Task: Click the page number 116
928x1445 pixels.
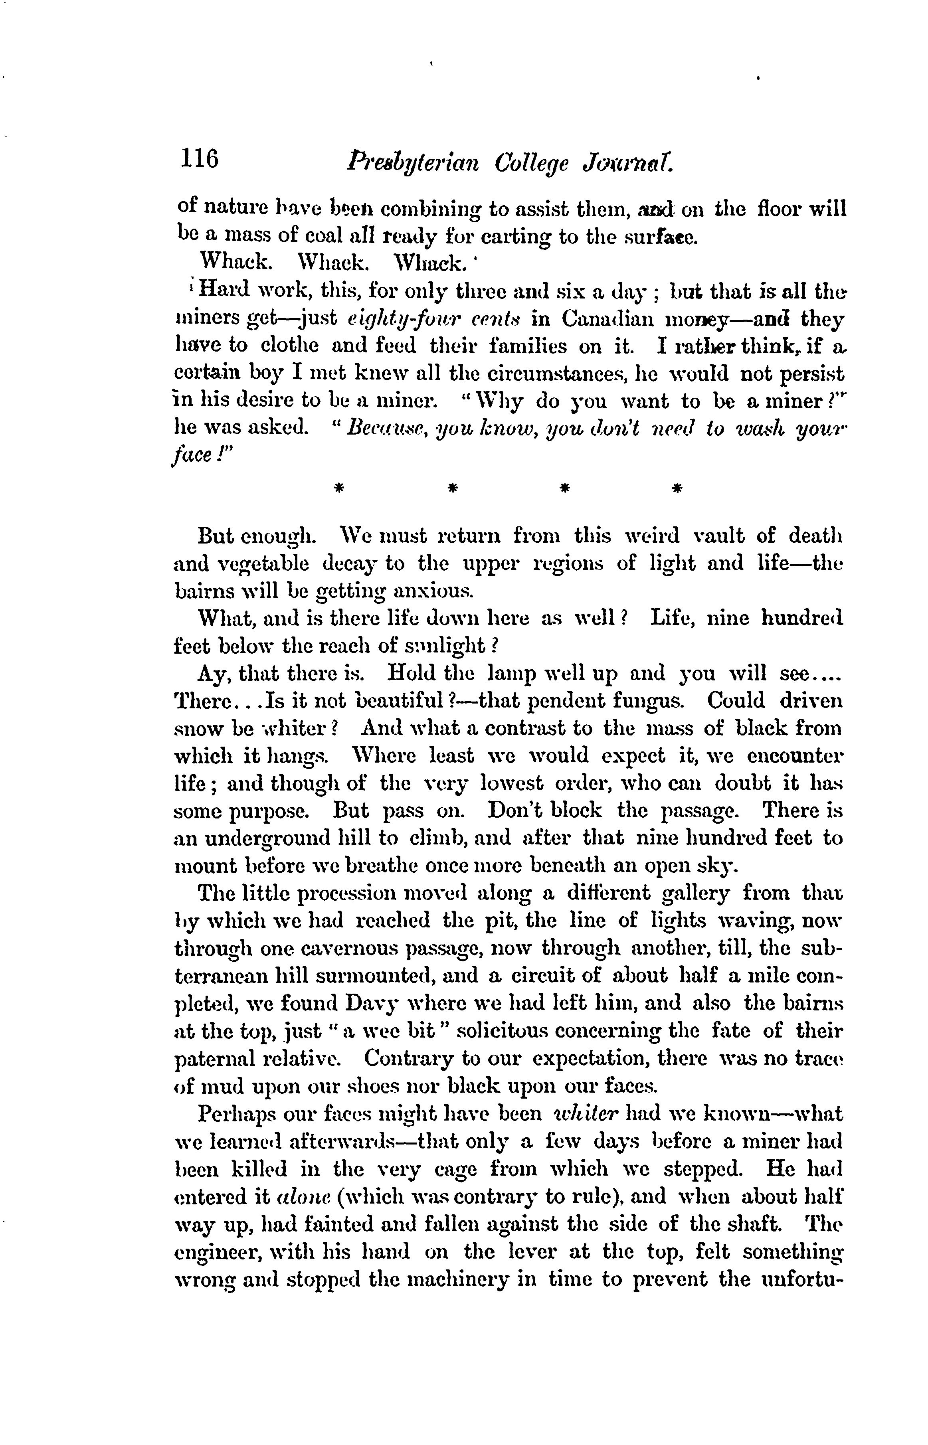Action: pos(198,160)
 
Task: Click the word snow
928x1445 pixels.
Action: pos(198,728)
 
